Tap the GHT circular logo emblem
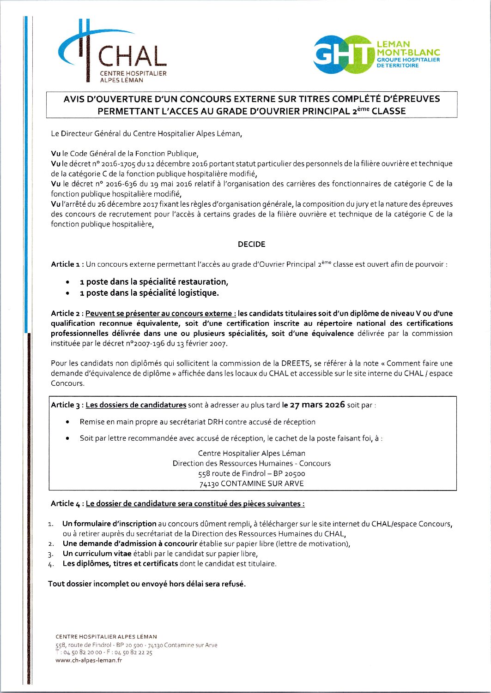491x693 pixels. pos(344,54)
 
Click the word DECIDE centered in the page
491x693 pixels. pos(251,244)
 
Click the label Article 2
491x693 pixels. pos(67,313)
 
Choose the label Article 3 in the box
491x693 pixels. pos(67,405)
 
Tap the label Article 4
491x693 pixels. pos(67,503)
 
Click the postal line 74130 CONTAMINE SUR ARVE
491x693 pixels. pos(251,484)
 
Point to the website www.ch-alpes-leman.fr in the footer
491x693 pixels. pos(89,660)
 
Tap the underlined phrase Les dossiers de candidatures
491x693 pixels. pos(136,405)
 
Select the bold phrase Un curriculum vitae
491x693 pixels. pos(97,553)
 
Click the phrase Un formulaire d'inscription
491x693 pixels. pos(109,523)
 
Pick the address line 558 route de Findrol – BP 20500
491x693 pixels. pos(251,473)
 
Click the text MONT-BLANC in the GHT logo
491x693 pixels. pos(408,53)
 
